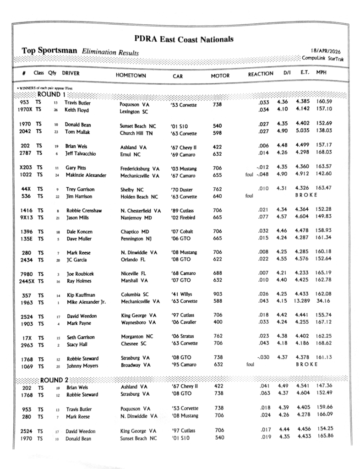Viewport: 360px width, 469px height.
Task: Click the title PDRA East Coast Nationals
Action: click(x=184, y=39)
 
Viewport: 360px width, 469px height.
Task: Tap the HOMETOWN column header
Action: click(x=131, y=75)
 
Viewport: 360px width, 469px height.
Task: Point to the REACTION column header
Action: click(x=261, y=74)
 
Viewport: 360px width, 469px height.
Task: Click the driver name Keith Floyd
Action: click(x=77, y=110)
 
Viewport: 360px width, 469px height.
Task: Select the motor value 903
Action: click(x=218, y=294)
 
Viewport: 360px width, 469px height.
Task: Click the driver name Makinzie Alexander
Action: click(x=85, y=175)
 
